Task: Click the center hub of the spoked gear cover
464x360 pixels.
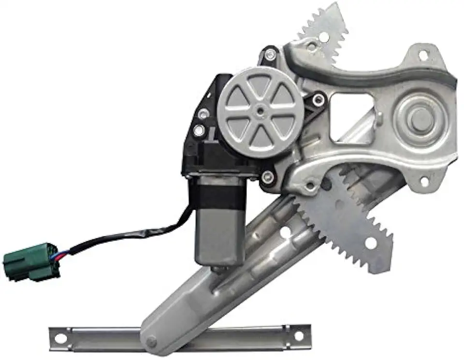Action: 261,111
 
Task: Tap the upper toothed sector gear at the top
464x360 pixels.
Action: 325,29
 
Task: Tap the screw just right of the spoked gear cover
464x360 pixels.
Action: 318,101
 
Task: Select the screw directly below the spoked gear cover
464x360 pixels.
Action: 267,177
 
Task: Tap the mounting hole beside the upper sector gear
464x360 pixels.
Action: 312,47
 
